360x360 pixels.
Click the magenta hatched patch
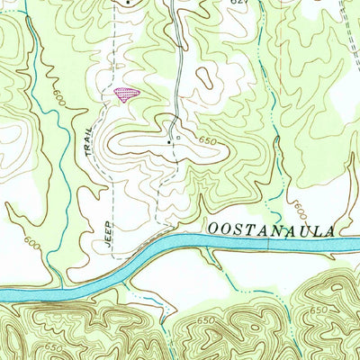128,93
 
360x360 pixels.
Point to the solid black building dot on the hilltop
168,140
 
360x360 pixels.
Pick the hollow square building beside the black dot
178,139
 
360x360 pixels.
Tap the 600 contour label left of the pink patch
59,96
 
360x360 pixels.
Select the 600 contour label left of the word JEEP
33,243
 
